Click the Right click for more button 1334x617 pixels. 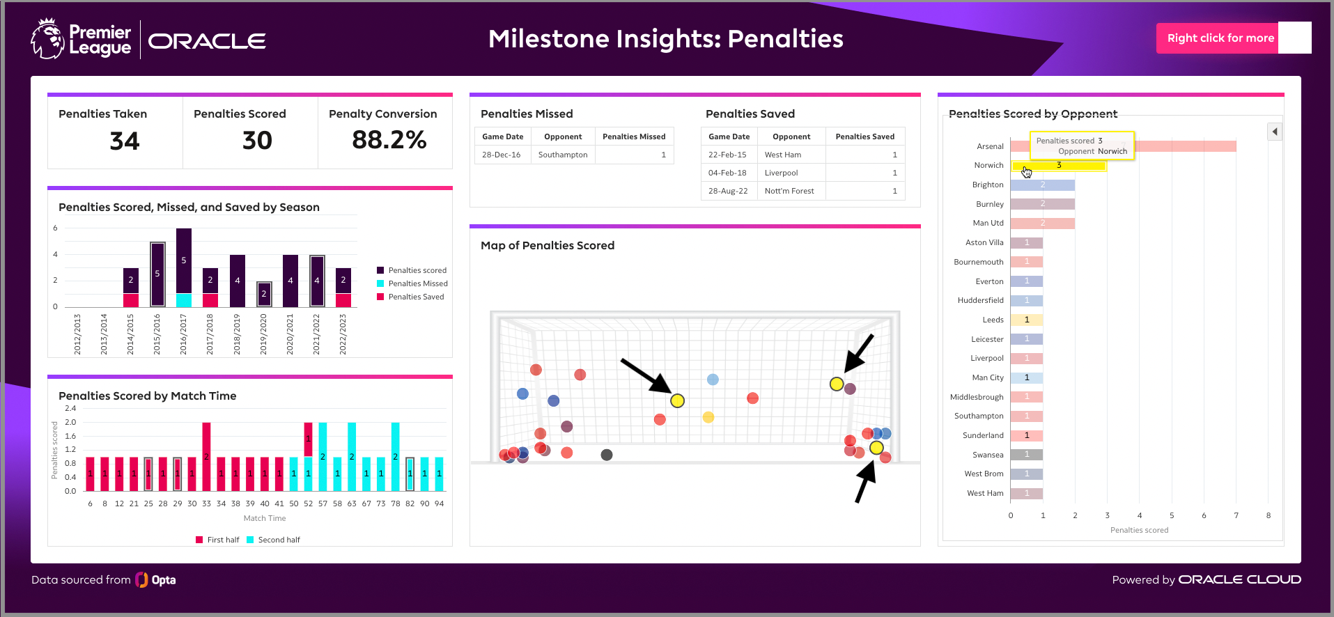click(1220, 38)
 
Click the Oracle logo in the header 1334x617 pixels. click(207, 41)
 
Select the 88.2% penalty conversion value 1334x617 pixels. click(389, 140)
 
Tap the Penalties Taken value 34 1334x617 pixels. click(125, 141)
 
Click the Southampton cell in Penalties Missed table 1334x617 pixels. click(562, 155)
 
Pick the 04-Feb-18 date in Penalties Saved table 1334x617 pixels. click(727, 173)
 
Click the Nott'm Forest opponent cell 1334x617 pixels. click(789, 191)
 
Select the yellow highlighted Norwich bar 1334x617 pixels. click(1058, 166)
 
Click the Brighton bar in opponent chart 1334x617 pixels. click(1042, 185)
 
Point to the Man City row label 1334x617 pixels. click(987, 377)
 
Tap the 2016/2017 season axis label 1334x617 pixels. click(183, 334)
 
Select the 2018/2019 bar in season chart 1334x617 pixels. click(238, 281)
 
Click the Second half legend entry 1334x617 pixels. click(279, 540)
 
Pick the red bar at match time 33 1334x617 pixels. click(206, 456)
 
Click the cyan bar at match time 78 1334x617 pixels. click(395, 456)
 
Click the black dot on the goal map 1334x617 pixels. click(607, 455)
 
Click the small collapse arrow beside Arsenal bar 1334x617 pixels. click(1274, 132)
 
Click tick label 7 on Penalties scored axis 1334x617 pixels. click(1236, 515)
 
